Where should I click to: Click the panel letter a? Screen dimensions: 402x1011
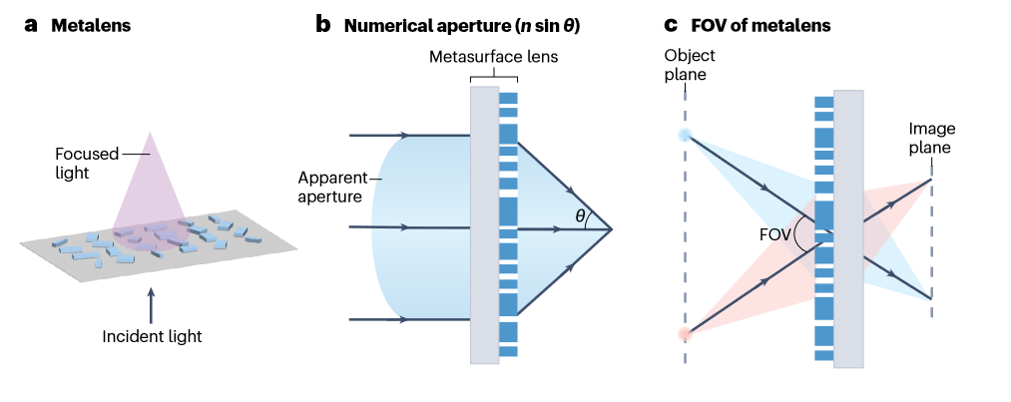pyautogui.click(x=31, y=26)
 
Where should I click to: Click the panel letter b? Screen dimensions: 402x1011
pyautogui.click(x=323, y=26)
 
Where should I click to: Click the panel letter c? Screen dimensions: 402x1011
pyautogui.click(x=671, y=26)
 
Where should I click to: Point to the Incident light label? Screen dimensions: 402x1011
pyautogui.click(x=152, y=336)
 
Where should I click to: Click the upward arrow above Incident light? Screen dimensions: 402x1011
pyautogui.click(x=151, y=303)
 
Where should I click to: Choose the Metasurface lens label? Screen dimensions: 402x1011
pyautogui.click(x=495, y=57)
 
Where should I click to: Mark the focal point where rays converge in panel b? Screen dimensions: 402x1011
pyautogui.click(x=610, y=228)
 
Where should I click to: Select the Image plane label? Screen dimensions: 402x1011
pyautogui.click(x=930, y=139)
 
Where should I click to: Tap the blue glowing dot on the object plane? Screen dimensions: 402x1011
pyautogui.click(x=685, y=135)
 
